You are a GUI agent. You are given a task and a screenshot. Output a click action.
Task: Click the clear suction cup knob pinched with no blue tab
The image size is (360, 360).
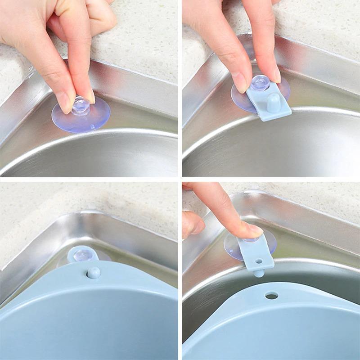[81, 105]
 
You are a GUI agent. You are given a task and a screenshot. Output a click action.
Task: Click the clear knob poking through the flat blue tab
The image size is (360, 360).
[260, 83]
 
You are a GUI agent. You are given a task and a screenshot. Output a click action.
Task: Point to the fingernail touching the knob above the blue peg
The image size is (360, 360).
[272, 76]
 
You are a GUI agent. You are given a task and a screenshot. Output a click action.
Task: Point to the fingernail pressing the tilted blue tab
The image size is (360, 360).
[255, 231]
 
